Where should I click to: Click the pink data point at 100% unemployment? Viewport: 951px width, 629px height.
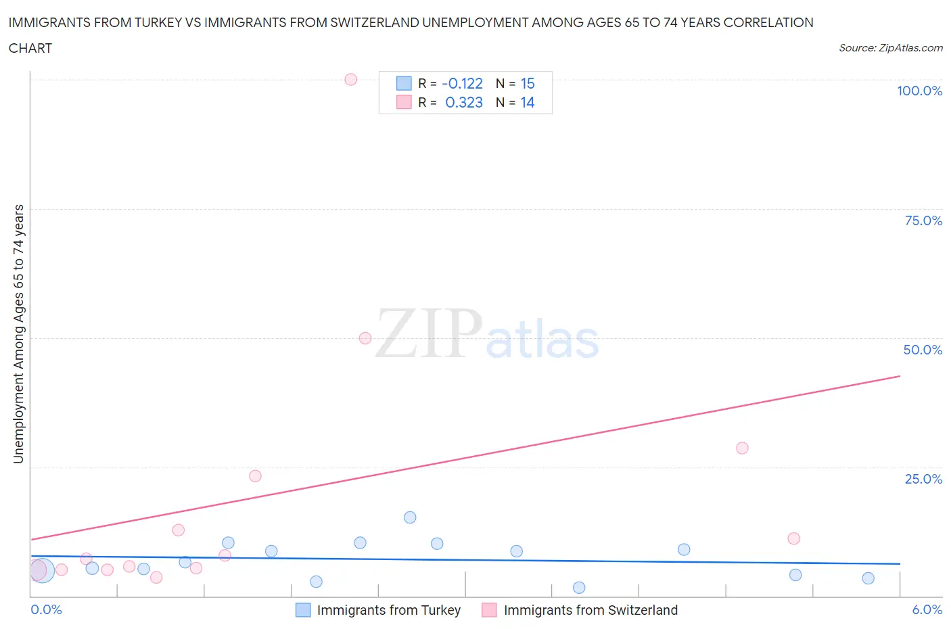(x=350, y=79)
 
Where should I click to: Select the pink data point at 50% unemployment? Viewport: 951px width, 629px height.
(x=365, y=338)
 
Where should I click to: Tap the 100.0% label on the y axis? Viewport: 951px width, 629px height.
(x=919, y=91)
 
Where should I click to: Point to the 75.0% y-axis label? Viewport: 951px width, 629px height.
(x=923, y=220)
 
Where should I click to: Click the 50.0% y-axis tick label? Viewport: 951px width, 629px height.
(x=923, y=350)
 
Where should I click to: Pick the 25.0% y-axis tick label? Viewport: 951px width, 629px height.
(x=923, y=479)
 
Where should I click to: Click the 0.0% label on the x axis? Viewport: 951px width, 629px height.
(x=47, y=609)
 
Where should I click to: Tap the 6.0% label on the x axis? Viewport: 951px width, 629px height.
(x=927, y=609)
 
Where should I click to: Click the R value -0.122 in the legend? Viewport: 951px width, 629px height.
(x=462, y=83)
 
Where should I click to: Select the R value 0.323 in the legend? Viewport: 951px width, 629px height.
(x=464, y=102)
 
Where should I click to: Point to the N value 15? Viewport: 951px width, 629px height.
(x=528, y=83)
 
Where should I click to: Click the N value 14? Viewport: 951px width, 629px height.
(x=528, y=102)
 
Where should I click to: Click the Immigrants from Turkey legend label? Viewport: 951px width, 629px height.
(x=388, y=610)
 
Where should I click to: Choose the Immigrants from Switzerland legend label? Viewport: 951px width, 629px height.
(x=590, y=610)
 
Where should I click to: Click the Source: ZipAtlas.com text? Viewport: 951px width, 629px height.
(x=890, y=47)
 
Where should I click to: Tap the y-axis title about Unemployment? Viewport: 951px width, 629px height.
(x=18, y=333)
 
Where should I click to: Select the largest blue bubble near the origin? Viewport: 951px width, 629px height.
(x=42, y=571)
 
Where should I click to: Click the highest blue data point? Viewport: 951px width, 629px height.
(x=410, y=517)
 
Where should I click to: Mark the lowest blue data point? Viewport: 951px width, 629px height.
(x=579, y=588)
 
